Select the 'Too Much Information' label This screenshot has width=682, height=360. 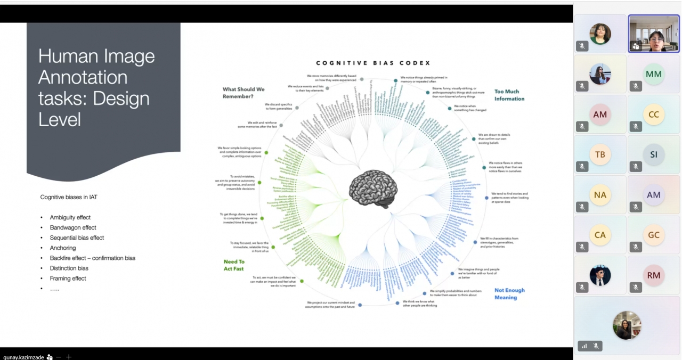pos(509,95)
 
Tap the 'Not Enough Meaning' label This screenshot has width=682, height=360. pos(509,294)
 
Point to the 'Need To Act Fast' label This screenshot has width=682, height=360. pos(234,265)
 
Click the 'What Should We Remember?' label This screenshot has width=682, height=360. pos(243,93)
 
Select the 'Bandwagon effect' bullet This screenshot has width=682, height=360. pos(73,227)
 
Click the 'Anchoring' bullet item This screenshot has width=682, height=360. pos(63,248)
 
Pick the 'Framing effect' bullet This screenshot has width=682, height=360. pos(68,278)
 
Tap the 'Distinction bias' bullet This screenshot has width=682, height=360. pos(69,268)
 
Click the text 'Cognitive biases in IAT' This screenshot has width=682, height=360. pos(69,197)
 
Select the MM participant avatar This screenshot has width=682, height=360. pos(653,74)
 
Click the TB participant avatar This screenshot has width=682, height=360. pos(600,154)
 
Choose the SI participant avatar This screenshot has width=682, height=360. pos(653,154)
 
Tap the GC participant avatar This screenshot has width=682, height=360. pos(653,235)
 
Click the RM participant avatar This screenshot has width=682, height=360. pos(653,275)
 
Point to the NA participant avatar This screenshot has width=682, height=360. pos(600,195)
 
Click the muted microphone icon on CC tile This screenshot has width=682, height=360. pos(636,127)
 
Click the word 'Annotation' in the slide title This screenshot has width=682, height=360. pos(83,77)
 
